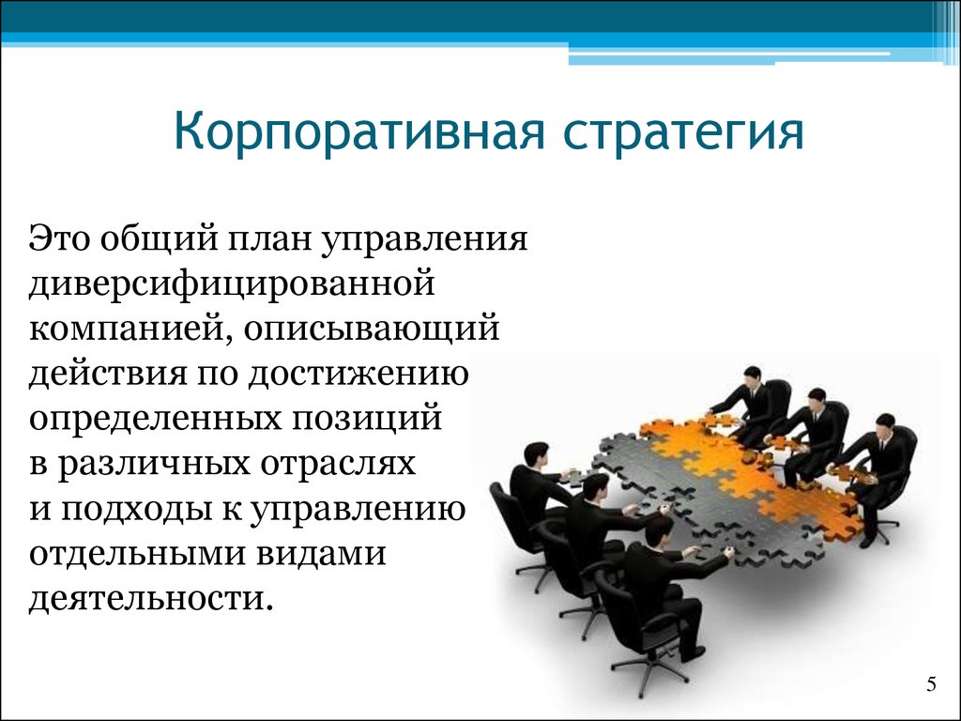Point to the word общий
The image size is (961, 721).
click(x=160, y=239)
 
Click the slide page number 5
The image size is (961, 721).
click(x=932, y=684)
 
